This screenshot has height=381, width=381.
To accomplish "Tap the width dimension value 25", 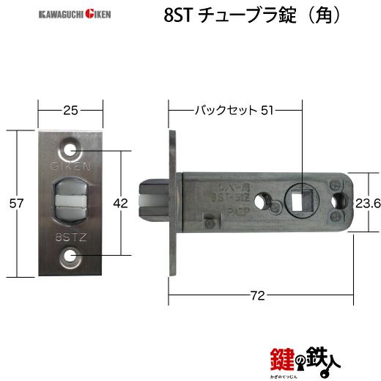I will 70,111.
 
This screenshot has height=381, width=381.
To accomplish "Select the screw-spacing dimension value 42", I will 121,203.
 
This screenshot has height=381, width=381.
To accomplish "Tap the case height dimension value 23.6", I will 366,204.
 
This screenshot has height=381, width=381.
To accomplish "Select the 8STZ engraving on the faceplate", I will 70,237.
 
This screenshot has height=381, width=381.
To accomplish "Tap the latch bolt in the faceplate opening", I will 71,202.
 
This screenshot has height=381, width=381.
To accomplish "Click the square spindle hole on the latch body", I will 300,198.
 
